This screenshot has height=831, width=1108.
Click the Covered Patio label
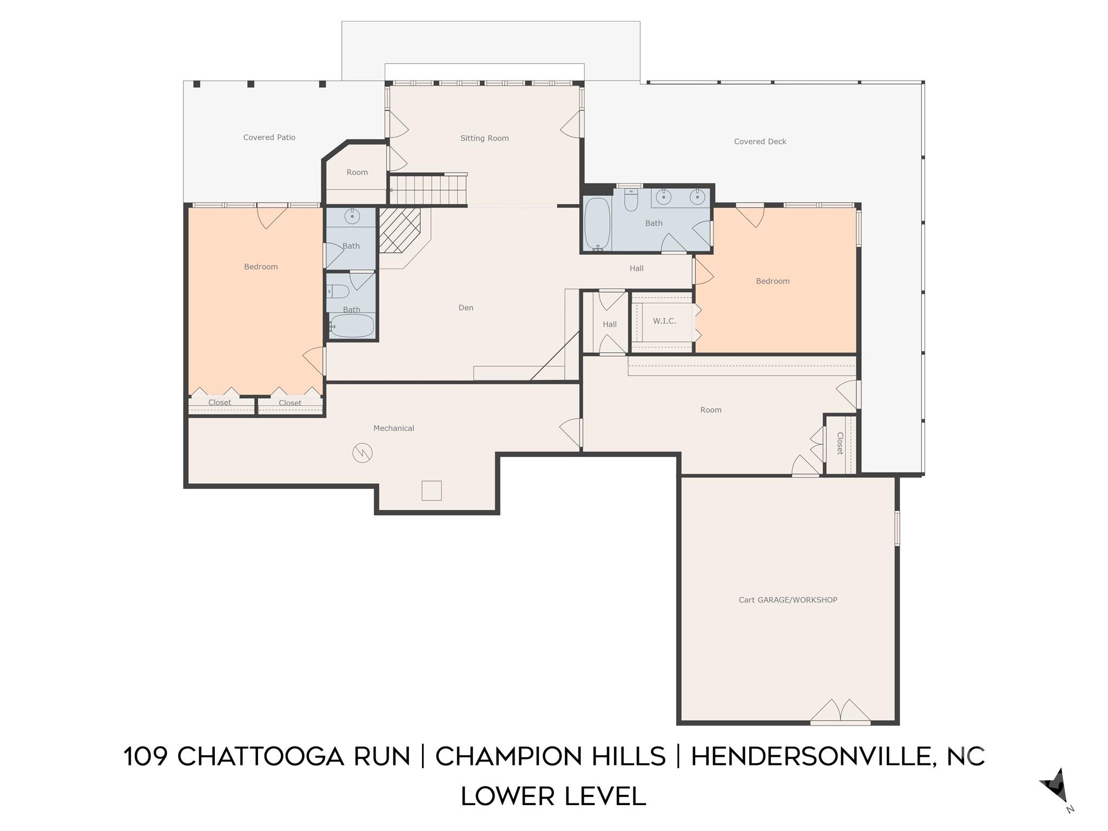coord(269,137)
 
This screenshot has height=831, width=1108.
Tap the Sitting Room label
coord(484,138)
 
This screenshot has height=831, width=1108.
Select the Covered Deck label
coord(760,142)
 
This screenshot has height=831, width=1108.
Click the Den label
coord(465,308)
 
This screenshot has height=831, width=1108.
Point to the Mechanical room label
coord(393,428)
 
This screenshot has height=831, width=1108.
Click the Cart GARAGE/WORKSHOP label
coord(788,600)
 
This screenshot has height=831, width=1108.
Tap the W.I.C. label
coord(664,321)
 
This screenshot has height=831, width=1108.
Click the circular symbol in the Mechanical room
coord(362,453)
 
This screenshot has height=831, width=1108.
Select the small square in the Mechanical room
coord(431,491)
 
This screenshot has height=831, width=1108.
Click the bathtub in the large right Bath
coord(597,223)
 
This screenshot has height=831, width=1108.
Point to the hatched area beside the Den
coord(399,230)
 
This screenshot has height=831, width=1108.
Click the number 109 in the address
coord(145,756)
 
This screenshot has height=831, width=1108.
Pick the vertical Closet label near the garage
coord(840,444)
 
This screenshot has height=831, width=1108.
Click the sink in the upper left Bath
coord(352,216)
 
